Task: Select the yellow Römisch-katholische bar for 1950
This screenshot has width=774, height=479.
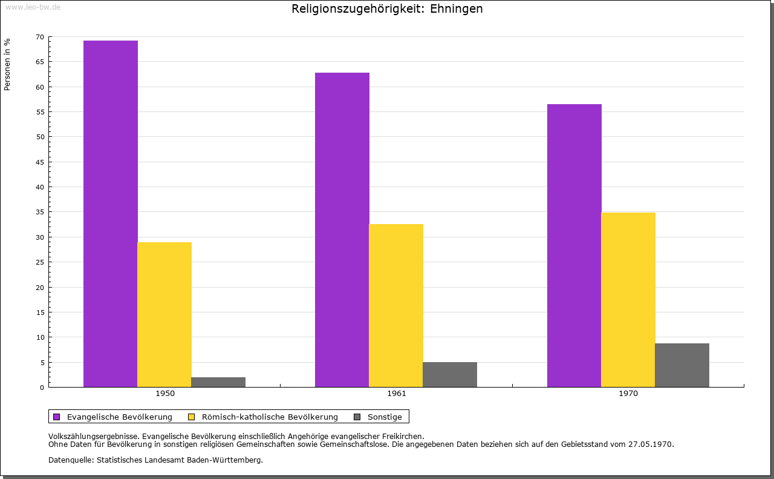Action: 164,314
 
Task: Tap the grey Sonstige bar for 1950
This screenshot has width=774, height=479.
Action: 218,382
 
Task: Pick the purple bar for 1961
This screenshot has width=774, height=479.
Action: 342,230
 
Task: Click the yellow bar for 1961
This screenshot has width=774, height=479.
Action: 396,305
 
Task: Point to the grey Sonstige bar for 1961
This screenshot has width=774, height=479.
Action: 450,374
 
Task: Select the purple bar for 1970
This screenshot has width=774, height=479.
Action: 574,245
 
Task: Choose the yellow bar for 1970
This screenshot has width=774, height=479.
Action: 628,300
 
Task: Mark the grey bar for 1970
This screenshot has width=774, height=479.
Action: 682,365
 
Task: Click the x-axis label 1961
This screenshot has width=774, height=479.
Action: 397,394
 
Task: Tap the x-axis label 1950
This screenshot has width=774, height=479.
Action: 165,394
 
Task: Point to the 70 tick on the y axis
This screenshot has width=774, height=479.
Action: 40,37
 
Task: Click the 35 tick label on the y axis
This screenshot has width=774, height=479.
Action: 40,212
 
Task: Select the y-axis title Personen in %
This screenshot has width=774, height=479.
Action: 7,64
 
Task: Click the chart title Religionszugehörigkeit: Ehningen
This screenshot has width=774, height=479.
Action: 387,9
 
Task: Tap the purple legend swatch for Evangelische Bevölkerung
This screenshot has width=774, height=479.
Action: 57,417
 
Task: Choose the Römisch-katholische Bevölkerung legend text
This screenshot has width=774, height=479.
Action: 270,417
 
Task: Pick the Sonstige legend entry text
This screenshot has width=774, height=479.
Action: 385,417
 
